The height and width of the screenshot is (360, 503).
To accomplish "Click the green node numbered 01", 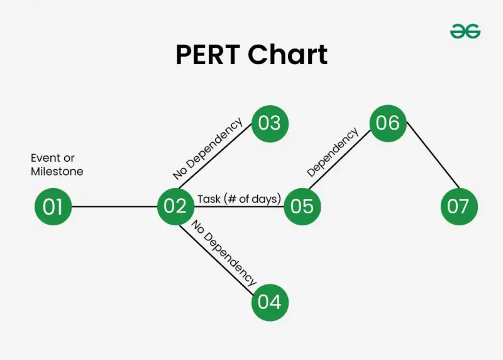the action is [x=53, y=206].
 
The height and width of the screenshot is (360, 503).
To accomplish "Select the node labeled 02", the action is [x=176, y=206].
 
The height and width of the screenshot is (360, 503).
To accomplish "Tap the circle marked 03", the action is [x=270, y=123].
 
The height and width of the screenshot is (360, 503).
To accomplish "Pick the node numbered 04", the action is [x=270, y=303].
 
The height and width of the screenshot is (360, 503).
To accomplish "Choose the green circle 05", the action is [x=302, y=206].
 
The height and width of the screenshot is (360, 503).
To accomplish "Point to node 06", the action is [x=388, y=123].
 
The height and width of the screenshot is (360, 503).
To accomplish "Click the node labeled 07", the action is [x=459, y=206].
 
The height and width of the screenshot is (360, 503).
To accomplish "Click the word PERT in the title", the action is [x=207, y=55].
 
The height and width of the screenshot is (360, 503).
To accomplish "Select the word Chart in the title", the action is [x=288, y=54].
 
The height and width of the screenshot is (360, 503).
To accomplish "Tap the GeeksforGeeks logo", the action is [x=465, y=31].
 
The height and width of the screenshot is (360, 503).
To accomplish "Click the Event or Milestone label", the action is [x=57, y=164].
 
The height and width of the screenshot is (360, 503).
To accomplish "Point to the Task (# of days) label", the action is [x=239, y=199].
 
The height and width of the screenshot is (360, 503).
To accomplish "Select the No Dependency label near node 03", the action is [x=207, y=148].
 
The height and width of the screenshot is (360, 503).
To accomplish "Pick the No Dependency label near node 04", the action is [x=224, y=253].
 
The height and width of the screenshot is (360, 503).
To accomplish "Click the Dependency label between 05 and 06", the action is [x=333, y=152].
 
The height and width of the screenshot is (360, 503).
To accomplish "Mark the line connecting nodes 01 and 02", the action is [x=114, y=206].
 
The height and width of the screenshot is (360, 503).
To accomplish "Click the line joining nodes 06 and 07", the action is [x=433, y=155].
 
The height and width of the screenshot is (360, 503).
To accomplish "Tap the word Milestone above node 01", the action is [x=57, y=171].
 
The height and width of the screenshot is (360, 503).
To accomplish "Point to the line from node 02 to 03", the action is [x=215, y=156].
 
